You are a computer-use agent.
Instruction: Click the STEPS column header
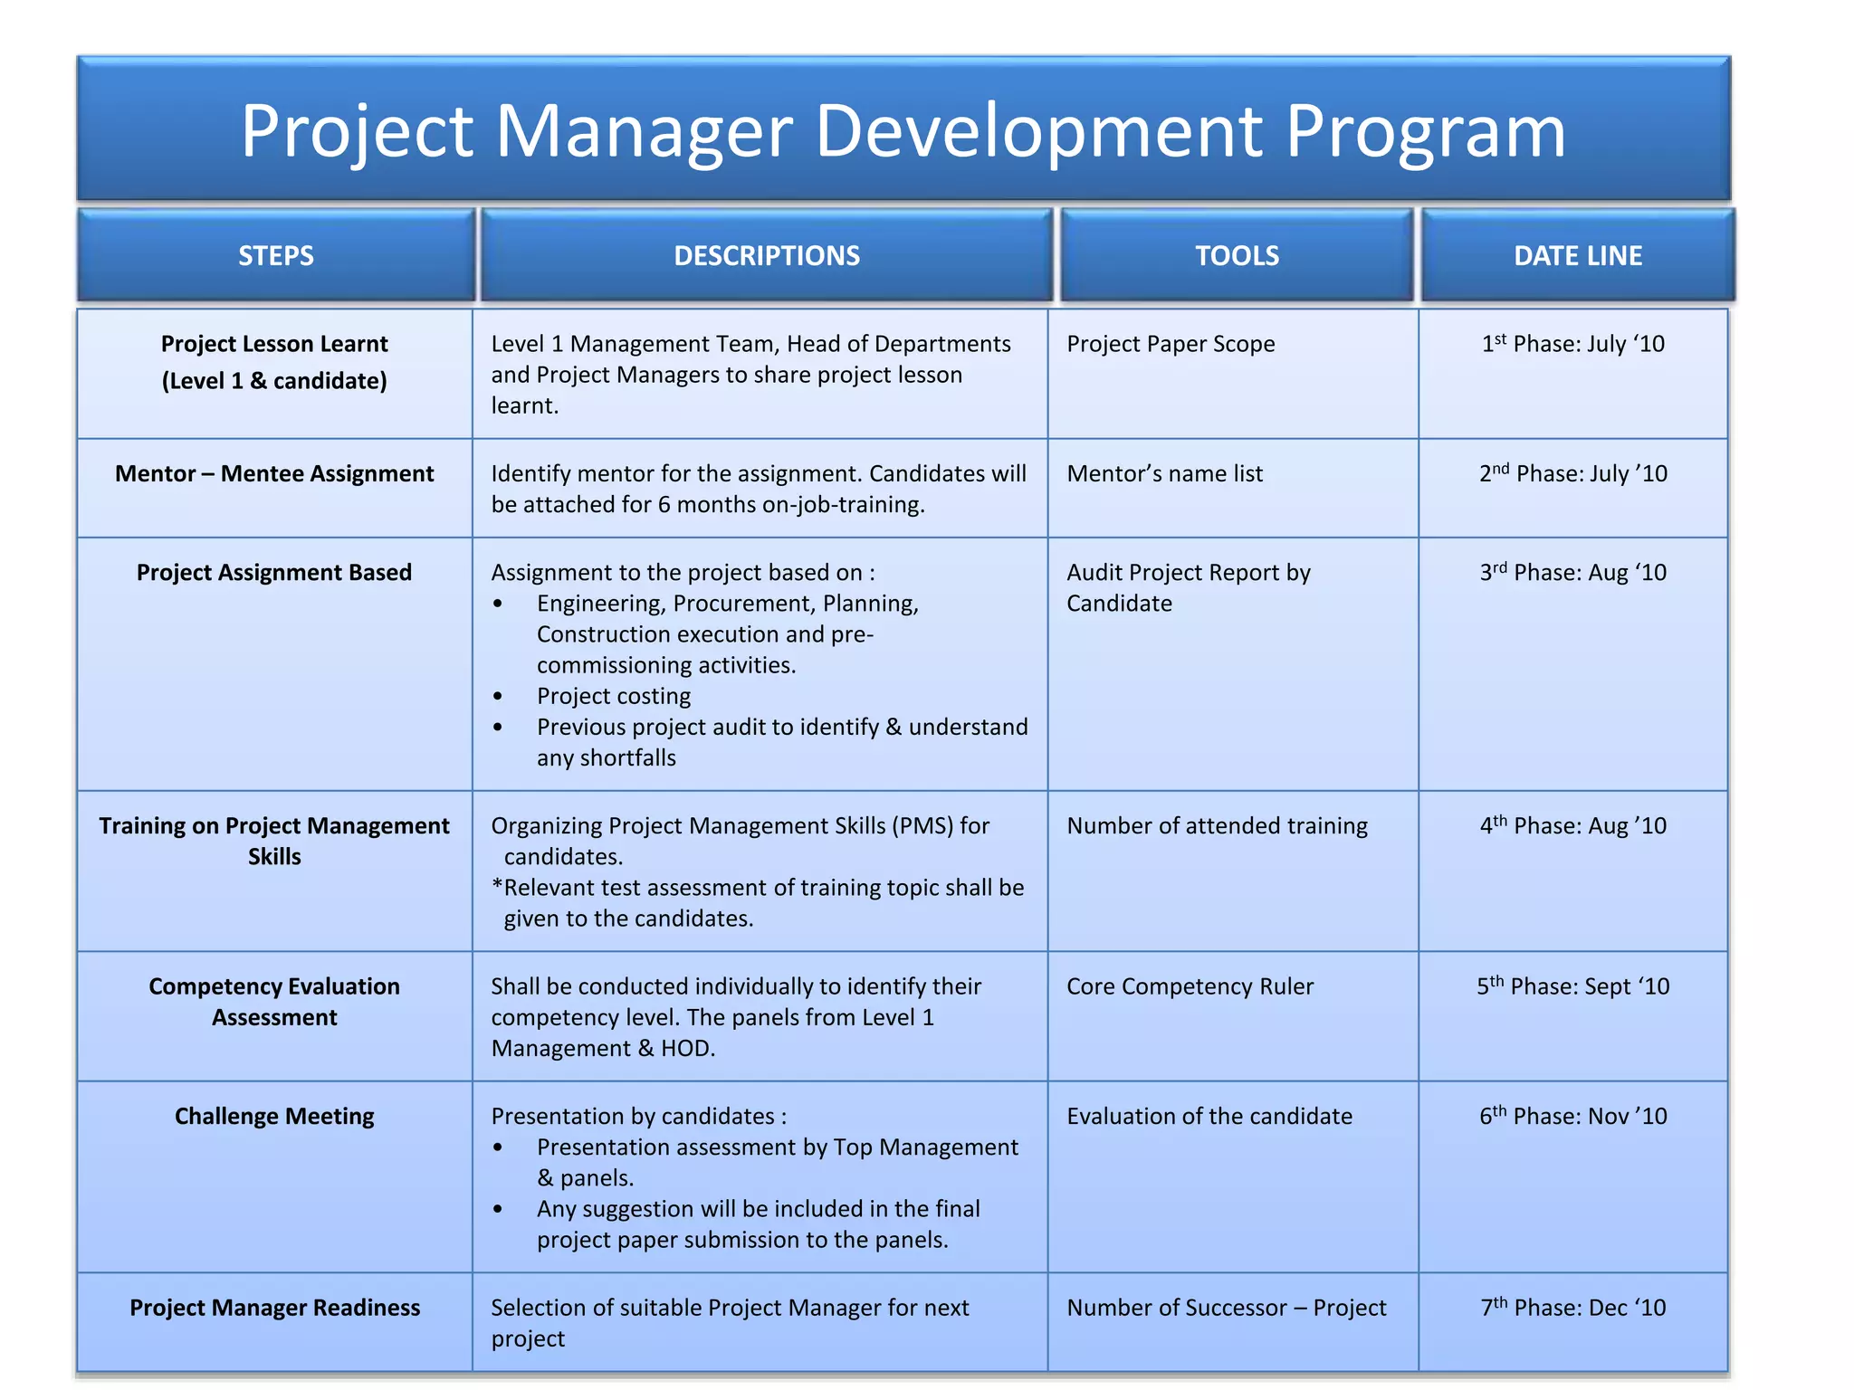point(276,256)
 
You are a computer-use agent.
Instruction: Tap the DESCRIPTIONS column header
point(767,256)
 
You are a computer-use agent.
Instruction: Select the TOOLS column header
point(1237,256)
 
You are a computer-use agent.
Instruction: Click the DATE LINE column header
point(1578,256)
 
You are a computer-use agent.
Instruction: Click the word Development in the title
point(1039,131)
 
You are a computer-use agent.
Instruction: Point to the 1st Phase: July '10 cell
point(1573,344)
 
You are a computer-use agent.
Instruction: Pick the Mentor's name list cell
point(1164,473)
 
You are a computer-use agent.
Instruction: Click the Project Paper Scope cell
point(1171,344)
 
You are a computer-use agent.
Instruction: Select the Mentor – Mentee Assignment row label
point(274,473)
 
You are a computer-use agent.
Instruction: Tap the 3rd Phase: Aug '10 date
point(1573,572)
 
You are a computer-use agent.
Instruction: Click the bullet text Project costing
point(614,696)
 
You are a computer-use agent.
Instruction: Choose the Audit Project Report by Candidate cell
point(1188,587)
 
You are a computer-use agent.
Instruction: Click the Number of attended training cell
point(1217,825)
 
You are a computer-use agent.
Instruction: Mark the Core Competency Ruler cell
point(1190,986)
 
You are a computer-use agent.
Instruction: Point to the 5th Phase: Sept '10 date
point(1573,986)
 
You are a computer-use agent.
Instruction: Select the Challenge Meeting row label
point(274,1116)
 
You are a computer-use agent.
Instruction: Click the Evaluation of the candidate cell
point(1209,1116)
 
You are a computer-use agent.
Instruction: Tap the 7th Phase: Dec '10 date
point(1573,1308)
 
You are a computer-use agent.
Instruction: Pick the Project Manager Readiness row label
point(274,1308)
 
